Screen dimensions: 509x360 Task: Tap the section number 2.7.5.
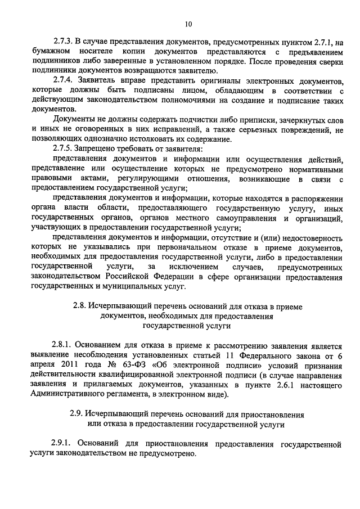pyautogui.click(x=62, y=149)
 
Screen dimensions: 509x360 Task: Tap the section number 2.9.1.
pyautogui.click(x=62, y=444)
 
